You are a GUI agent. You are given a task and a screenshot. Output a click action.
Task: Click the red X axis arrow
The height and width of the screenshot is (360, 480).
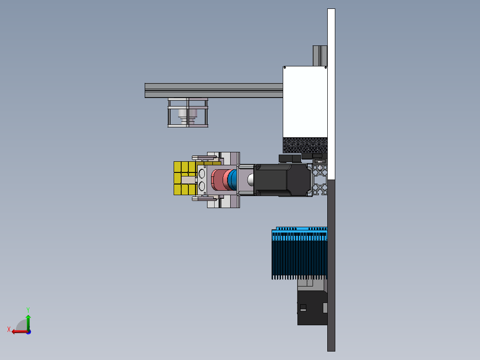pos(20,331)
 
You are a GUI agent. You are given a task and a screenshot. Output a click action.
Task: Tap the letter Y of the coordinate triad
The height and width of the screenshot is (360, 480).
pos(28,310)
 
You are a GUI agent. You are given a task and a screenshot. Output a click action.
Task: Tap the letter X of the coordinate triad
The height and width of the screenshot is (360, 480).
pos(9,329)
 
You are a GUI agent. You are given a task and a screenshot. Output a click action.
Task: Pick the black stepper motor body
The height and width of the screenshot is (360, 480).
pos(282,180)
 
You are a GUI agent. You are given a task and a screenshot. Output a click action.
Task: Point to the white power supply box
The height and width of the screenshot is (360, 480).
pos(305,102)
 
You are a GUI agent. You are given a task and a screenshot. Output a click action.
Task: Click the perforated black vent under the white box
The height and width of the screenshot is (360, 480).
pos(305,145)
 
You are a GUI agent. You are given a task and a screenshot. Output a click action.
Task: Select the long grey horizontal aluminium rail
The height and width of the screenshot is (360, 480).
pos(214,90)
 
